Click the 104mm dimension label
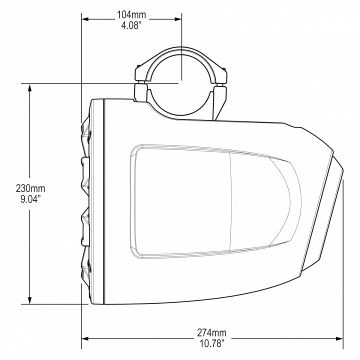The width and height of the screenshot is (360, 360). click(131, 14)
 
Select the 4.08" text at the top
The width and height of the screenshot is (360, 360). click(131, 24)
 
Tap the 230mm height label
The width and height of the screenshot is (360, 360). click(30, 188)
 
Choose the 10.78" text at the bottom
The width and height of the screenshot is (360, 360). click(211, 343)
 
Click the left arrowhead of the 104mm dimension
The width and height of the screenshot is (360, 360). click(85, 19)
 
